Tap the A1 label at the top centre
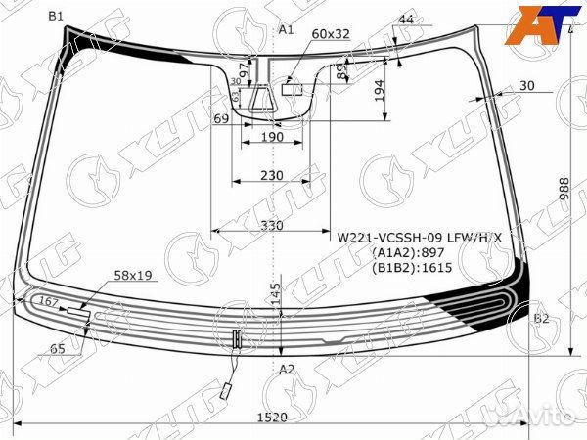pyautogui.click(x=287, y=30)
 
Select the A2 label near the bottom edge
pyautogui.click(x=287, y=369)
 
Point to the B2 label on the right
pyautogui.click(x=541, y=319)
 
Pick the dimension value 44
pyautogui.click(x=406, y=21)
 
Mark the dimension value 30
pyautogui.click(x=527, y=86)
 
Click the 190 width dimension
pyautogui.click(x=273, y=138)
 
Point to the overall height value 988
pyautogui.click(x=565, y=190)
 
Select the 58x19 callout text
pyautogui.click(x=133, y=276)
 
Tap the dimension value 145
pyautogui.click(x=276, y=291)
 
